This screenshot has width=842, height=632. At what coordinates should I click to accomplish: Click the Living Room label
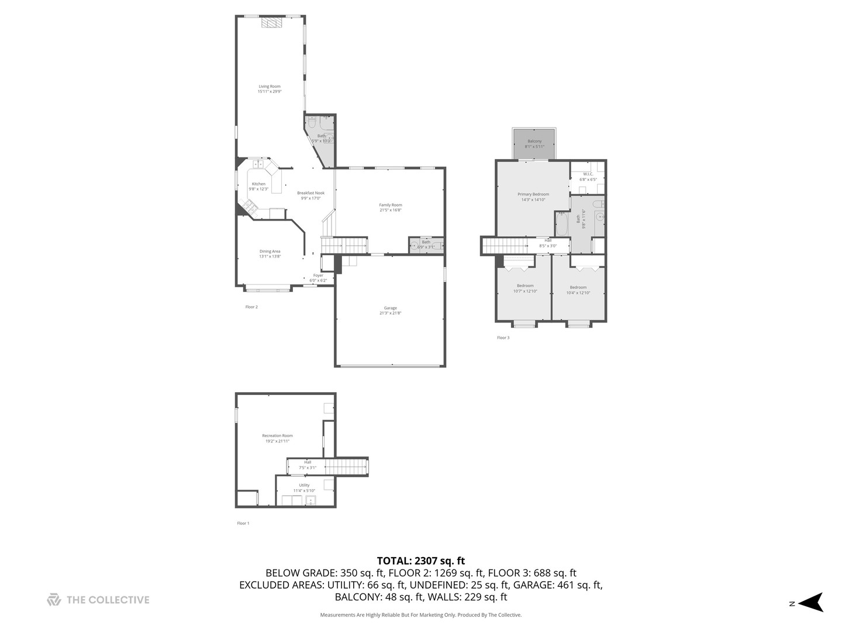pos(270,89)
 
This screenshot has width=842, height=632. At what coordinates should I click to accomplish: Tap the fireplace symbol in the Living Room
pos(271,23)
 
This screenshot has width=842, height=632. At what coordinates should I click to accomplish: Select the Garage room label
pos(390,310)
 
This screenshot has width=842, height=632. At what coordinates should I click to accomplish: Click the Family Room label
pos(391,207)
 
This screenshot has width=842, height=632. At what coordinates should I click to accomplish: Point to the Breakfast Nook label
pos(310,195)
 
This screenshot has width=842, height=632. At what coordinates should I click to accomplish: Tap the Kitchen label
pos(258,186)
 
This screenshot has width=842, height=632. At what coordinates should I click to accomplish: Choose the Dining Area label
pos(270,253)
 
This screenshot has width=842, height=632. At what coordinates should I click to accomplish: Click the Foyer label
pos(318,277)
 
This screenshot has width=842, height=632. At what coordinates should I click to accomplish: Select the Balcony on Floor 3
pos(534,143)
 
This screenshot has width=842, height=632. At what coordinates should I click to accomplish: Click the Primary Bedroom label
pos(533,197)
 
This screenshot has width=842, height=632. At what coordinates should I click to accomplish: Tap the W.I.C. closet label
pos(588,176)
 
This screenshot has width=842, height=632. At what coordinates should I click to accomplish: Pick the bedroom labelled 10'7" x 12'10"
pos(524,288)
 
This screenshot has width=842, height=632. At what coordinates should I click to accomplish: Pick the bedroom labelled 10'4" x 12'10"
pos(578,290)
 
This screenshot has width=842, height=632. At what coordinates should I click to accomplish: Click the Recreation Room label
pos(277,438)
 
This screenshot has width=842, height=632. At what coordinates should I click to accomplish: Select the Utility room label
pos(304,487)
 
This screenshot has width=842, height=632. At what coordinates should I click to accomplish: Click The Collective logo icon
pos(54,600)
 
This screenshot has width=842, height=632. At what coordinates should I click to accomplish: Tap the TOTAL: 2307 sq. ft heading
pos(420,561)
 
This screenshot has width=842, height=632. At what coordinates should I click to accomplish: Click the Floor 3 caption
pos(503,338)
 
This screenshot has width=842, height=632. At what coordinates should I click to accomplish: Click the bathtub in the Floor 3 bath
pos(561,224)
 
